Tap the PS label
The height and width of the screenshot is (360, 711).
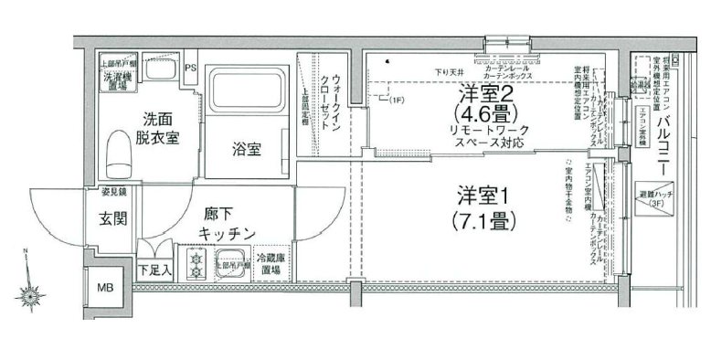191,69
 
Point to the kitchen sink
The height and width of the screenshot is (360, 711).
233,262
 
